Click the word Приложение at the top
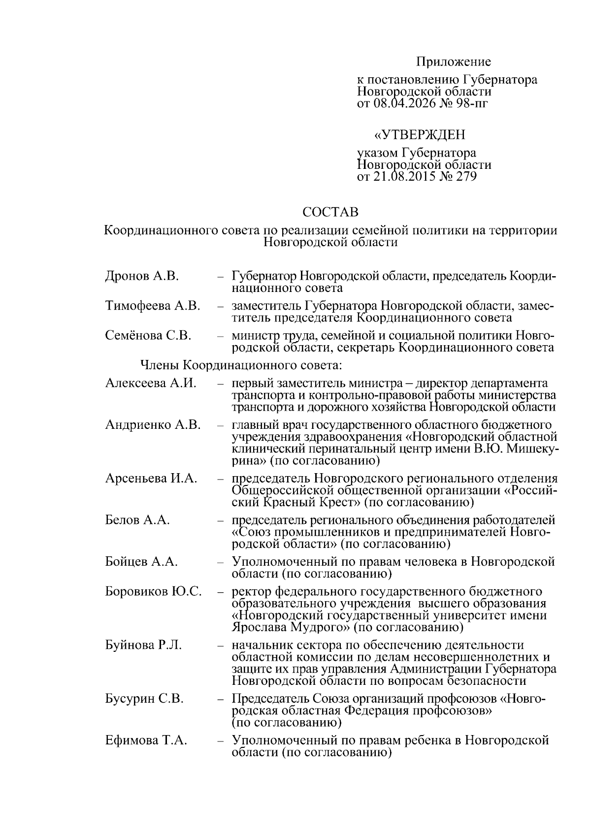[x=454, y=62]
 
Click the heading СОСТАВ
[x=330, y=212]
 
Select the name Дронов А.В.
[x=142, y=276]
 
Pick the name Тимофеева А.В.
[x=153, y=306]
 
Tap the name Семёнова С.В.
[x=148, y=336]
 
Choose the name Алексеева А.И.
[x=151, y=384]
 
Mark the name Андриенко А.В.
[x=153, y=425]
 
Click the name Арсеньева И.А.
[x=151, y=479]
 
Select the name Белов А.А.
[x=137, y=520]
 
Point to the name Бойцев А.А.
[x=141, y=562]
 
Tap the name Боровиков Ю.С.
[x=153, y=591]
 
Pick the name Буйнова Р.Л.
[x=143, y=645]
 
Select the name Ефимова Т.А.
[x=146, y=740]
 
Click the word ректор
[x=251, y=591]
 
